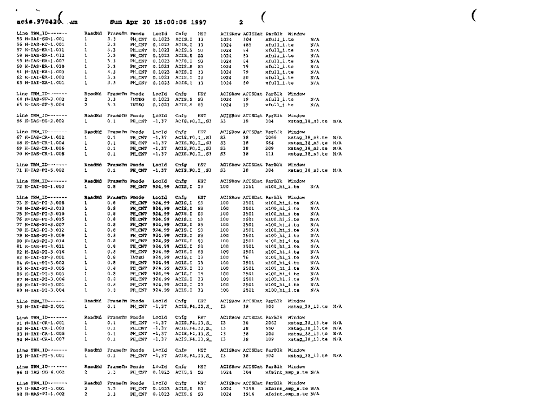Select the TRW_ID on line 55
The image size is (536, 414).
[x=38, y=40]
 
